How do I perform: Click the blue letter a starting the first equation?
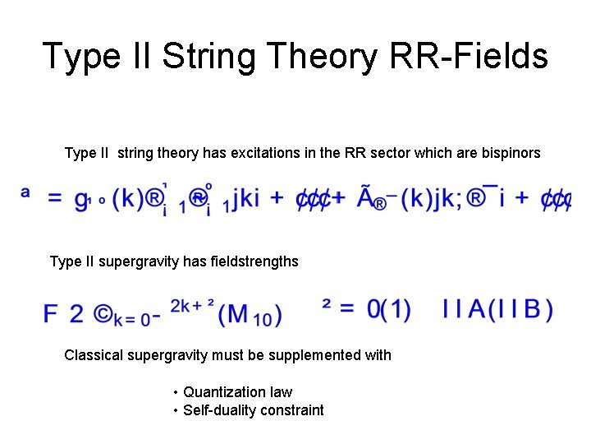25,192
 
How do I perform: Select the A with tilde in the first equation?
367,197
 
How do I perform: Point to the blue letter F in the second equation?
51,313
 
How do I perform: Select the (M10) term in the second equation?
250,313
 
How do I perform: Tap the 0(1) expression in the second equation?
388,309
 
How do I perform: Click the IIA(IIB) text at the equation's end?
497,309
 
